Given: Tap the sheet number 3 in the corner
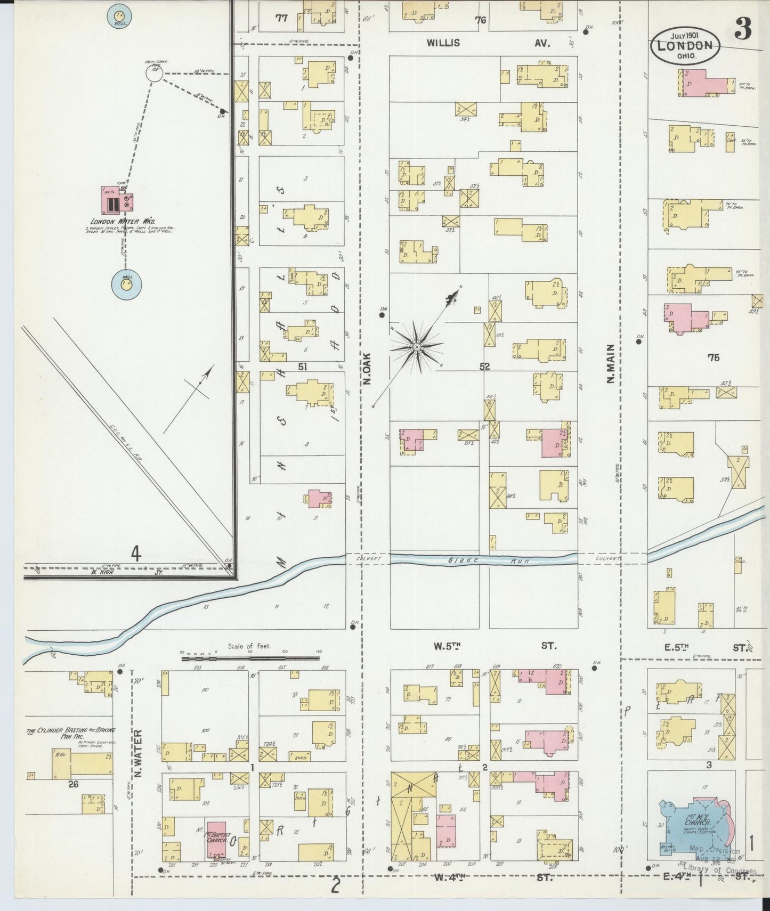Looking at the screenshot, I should coord(743,30).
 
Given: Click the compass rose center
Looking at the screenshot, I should coord(417,348).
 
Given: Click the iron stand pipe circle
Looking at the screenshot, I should coord(155,74).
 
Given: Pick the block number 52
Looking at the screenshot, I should coord(484,367).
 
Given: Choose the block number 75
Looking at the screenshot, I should coord(714,357).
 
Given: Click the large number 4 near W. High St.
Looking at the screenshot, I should coord(136,555).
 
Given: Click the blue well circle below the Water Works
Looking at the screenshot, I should coord(126,284).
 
